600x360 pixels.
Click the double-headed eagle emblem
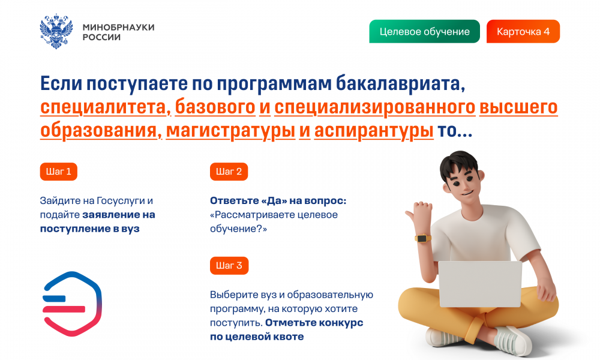click(56, 31)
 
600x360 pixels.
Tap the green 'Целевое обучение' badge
click(424, 31)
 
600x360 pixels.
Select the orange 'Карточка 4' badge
click(523, 31)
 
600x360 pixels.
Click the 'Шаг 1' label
click(59, 172)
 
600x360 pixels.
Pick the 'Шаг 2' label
click(229, 172)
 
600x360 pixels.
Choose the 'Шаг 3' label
click(229, 266)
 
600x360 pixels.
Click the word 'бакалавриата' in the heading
click(400, 84)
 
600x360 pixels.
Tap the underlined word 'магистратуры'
click(230, 131)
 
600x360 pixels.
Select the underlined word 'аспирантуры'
click(374, 131)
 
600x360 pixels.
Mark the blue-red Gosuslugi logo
click(72, 304)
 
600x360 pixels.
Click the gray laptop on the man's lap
click(480, 284)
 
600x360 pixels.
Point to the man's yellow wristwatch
click(423, 238)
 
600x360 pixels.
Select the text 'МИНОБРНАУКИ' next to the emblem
click(119, 27)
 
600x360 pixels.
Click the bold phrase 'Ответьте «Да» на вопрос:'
click(278, 201)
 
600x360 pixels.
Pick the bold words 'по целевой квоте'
click(257, 337)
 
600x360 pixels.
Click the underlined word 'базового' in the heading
click(215, 107)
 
